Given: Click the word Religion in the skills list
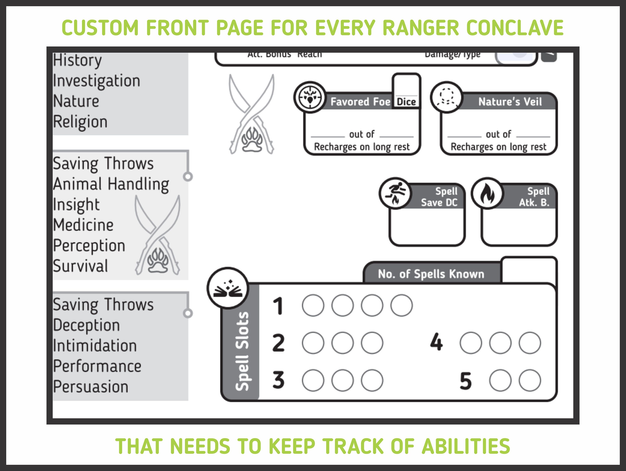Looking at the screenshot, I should [x=80, y=122].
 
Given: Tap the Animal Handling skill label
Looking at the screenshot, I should [x=111, y=184].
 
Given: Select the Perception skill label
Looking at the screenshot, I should [x=89, y=246].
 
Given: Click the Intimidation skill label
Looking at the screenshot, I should [x=95, y=346].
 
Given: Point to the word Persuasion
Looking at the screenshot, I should [x=91, y=387].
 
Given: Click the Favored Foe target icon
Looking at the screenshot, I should [x=310, y=97].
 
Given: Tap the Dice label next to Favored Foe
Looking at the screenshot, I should [x=406, y=102].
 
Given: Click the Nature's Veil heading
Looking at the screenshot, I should [x=510, y=102].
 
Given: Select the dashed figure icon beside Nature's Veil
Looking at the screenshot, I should [x=447, y=97].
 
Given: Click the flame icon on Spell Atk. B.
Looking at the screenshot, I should [x=487, y=194].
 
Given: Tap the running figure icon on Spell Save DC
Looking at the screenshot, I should [x=395, y=194].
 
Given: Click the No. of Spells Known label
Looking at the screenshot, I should [x=431, y=274].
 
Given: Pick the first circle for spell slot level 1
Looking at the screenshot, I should [x=313, y=306].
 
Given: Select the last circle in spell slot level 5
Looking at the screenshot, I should [x=530, y=380].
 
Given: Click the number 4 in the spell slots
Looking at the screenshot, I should [x=436, y=342].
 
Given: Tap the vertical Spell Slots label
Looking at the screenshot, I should [x=242, y=351].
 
